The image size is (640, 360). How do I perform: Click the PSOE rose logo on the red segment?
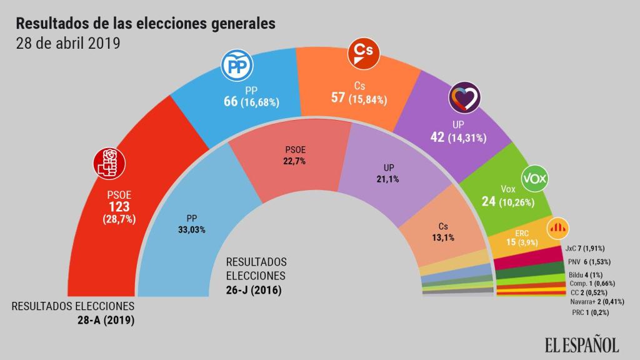click(110, 163)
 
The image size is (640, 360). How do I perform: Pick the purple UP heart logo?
click(464, 98)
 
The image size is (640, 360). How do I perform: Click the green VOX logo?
click(534, 179)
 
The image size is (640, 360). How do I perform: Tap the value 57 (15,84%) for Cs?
click(360, 98)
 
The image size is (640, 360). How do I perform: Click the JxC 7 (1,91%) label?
click(584, 249)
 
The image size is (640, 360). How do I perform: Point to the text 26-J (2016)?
click(254, 291)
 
